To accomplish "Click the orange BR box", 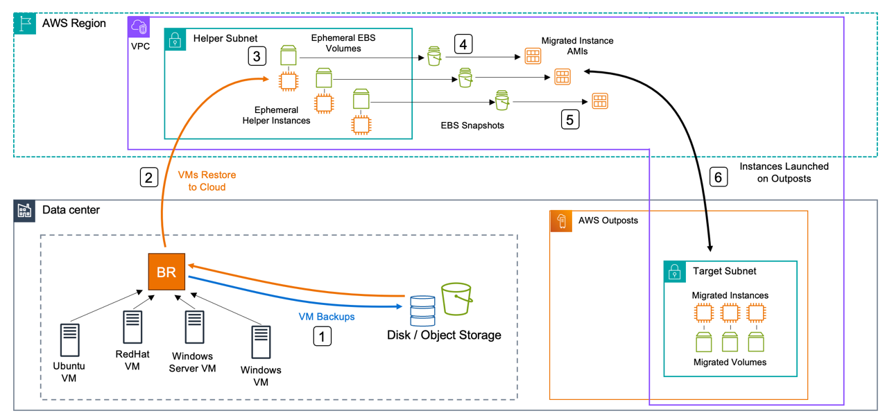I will [x=166, y=272].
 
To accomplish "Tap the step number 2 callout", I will [x=148, y=177].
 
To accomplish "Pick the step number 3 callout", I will [x=257, y=56].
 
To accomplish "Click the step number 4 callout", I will [x=463, y=44].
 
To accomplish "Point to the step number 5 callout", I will [x=569, y=119].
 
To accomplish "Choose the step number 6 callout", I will [x=718, y=177].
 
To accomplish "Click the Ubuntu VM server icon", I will [x=69, y=340].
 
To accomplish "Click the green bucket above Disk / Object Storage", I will [x=456, y=299].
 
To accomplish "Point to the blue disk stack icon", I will [x=422, y=310].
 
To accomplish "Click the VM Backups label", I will [x=326, y=317].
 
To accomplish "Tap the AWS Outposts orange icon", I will [x=560, y=221].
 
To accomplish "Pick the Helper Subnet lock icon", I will [x=175, y=39].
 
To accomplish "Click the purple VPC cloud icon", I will [x=139, y=28].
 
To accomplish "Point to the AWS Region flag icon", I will [x=25, y=24].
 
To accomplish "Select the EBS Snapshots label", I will [x=472, y=126].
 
